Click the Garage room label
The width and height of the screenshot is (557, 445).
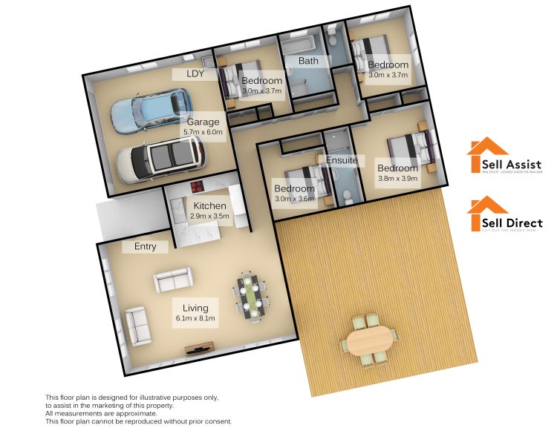[x=203, y=122]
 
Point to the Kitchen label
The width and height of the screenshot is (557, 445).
[x=209, y=205]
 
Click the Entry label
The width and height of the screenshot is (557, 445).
[x=145, y=246]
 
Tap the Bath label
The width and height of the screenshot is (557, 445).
[x=308, y=60]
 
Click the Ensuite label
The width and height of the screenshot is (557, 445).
[x=342, y=159]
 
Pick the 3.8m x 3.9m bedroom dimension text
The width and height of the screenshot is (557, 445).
[x=397, y=178]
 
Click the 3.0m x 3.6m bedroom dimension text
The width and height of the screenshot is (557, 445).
[x=294, y=200]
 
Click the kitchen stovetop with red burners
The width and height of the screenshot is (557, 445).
[x=198, y=186]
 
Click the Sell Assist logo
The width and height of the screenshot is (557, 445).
[x=504, y=156]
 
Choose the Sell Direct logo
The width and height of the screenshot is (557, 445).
[x=504, y=214]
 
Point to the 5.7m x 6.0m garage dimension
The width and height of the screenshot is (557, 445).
[x=203, y=132]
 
